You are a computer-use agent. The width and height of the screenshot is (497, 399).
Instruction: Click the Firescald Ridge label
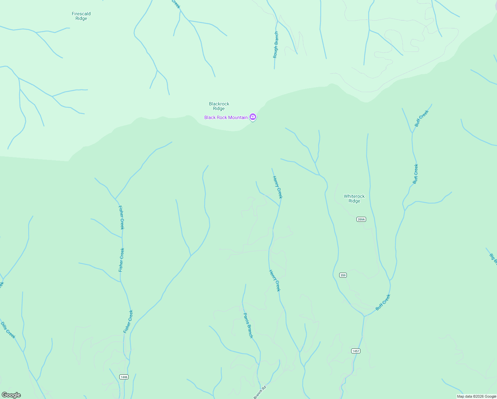pos(81,16)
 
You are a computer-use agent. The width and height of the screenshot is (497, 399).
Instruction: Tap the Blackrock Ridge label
pos(219,106)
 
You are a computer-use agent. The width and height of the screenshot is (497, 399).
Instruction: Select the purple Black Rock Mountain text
pos(226,117)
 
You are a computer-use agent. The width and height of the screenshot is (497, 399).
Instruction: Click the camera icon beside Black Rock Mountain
pos(253,117)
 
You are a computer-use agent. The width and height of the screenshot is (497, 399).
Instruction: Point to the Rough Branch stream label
pos(276,45)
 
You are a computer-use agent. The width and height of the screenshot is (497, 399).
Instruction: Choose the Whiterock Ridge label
pos(354,199)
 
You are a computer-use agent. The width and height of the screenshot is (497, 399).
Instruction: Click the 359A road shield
pos(361,219)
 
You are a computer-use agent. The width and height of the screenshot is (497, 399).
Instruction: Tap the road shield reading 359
pos(343,275)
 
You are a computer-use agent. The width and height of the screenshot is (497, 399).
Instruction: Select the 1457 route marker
pos(355,351)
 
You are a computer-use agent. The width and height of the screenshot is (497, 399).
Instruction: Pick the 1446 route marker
pos(124,377)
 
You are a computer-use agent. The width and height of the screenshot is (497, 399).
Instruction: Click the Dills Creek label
pos(8,330)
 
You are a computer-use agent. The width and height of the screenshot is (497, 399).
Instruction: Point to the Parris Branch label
pos(248,325)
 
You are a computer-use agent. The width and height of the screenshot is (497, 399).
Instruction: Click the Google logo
pos(11,395)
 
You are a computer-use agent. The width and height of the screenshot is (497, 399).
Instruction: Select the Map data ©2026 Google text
pos(476,396)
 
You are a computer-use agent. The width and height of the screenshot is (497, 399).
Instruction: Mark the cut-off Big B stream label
pos(493,259)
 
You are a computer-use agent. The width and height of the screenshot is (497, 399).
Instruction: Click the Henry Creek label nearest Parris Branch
pos(275,281)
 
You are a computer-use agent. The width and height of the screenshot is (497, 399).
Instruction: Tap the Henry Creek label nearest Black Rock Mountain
pos(277,187)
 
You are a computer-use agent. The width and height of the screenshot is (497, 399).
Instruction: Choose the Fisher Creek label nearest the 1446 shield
pos(128,322)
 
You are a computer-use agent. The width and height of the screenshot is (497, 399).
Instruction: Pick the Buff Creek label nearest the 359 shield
pos(383,302)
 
